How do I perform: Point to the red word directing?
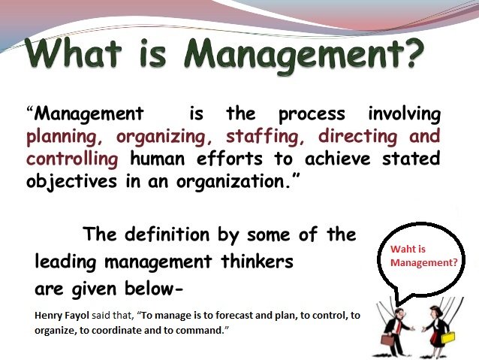coord(357,137)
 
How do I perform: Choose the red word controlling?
coord(72,159)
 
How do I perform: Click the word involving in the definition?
coord(404,114)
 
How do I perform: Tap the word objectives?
coord(71,181)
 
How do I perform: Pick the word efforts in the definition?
coord(230,159)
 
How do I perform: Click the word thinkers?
coord(257,262)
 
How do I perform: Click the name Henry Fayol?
coord(62,316)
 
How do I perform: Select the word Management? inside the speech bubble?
coord(424,262)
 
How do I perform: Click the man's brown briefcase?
coord(387,340)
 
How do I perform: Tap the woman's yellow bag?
coord(447,337)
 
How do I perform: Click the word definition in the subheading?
coord(167,234)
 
